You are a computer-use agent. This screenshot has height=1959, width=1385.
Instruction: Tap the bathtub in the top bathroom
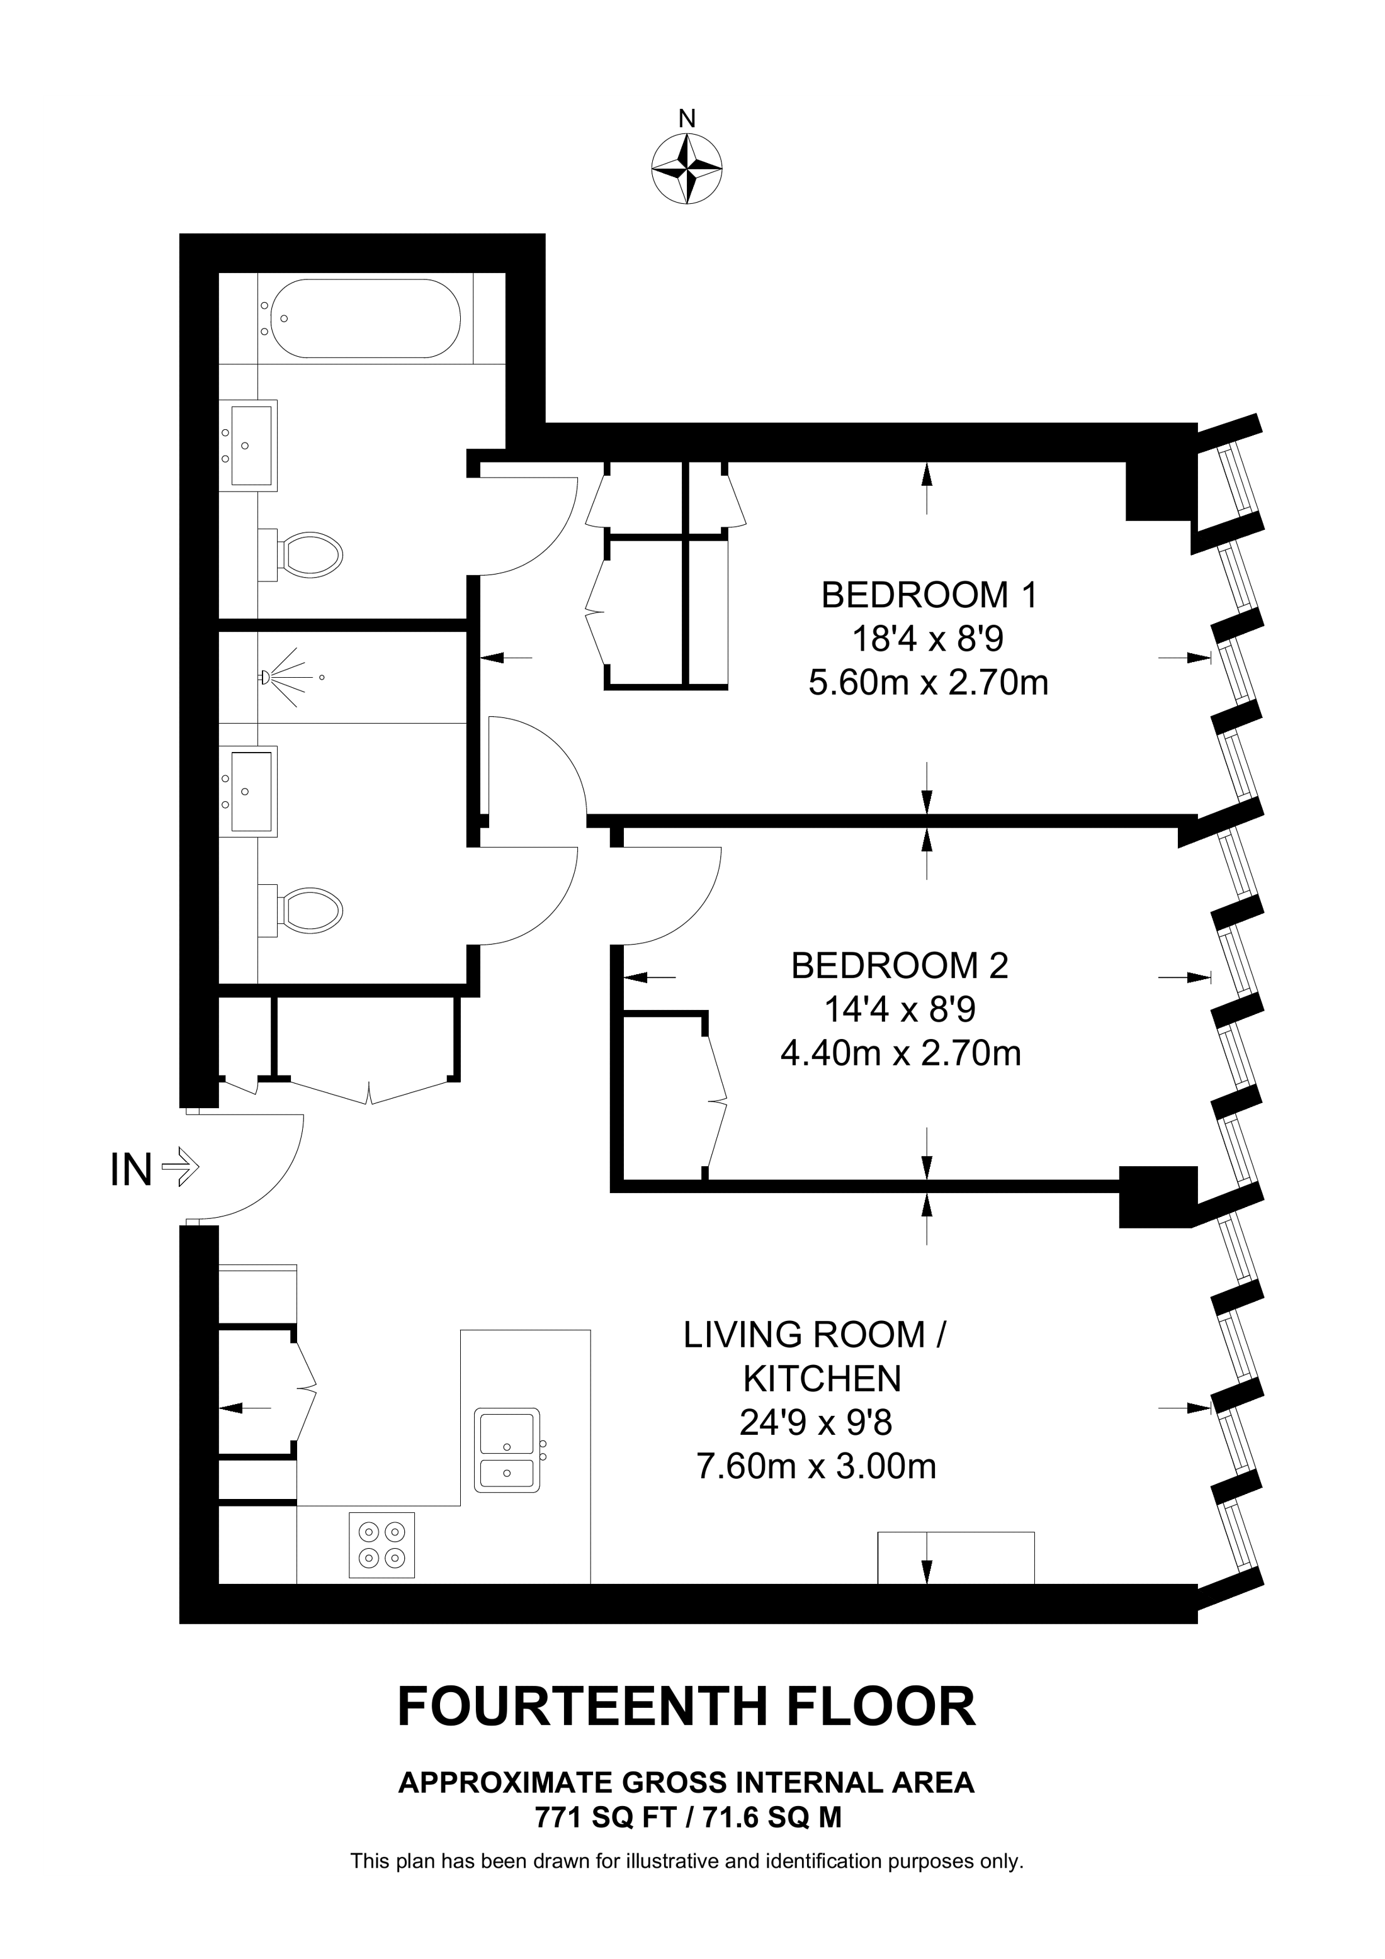click(363, 318)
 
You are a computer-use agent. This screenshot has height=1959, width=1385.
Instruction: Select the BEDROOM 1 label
click(929, 595)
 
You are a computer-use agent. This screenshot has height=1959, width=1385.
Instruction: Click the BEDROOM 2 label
click(900, 966)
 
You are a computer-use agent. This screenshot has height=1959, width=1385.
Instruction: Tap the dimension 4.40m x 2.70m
click(900, 1053)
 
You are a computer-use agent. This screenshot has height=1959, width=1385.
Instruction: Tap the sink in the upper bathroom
click(251, 446)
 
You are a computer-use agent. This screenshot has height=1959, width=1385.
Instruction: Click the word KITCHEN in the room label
click(822, 1378)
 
